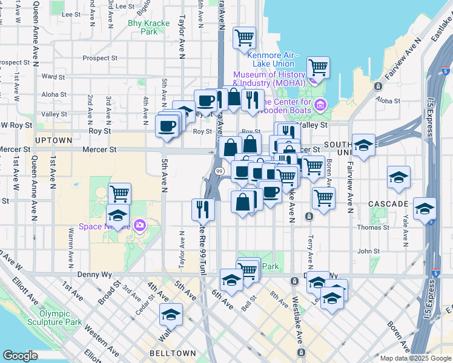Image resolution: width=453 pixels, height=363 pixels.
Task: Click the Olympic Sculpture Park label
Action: tap(60, 318)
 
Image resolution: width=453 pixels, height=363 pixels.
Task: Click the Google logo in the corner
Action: tap(20, 356)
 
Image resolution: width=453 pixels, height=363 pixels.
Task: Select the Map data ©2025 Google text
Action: tap(415, 358)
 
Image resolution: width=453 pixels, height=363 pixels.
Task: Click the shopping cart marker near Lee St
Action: tap(245, 38)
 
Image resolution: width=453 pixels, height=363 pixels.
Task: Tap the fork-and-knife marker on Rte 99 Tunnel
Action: tap(203, 209)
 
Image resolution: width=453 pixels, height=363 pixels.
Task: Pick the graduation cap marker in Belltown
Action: tap(171, 315)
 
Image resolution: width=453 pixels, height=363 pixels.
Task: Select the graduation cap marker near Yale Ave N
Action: tap(398, 177)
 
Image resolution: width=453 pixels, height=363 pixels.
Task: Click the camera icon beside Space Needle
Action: tap(140, 226)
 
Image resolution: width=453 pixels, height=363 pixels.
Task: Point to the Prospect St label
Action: tap(100, 59)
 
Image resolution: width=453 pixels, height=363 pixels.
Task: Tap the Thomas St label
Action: tap(385, 227)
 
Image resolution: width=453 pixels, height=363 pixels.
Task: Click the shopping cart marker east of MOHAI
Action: tap(318, 67)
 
